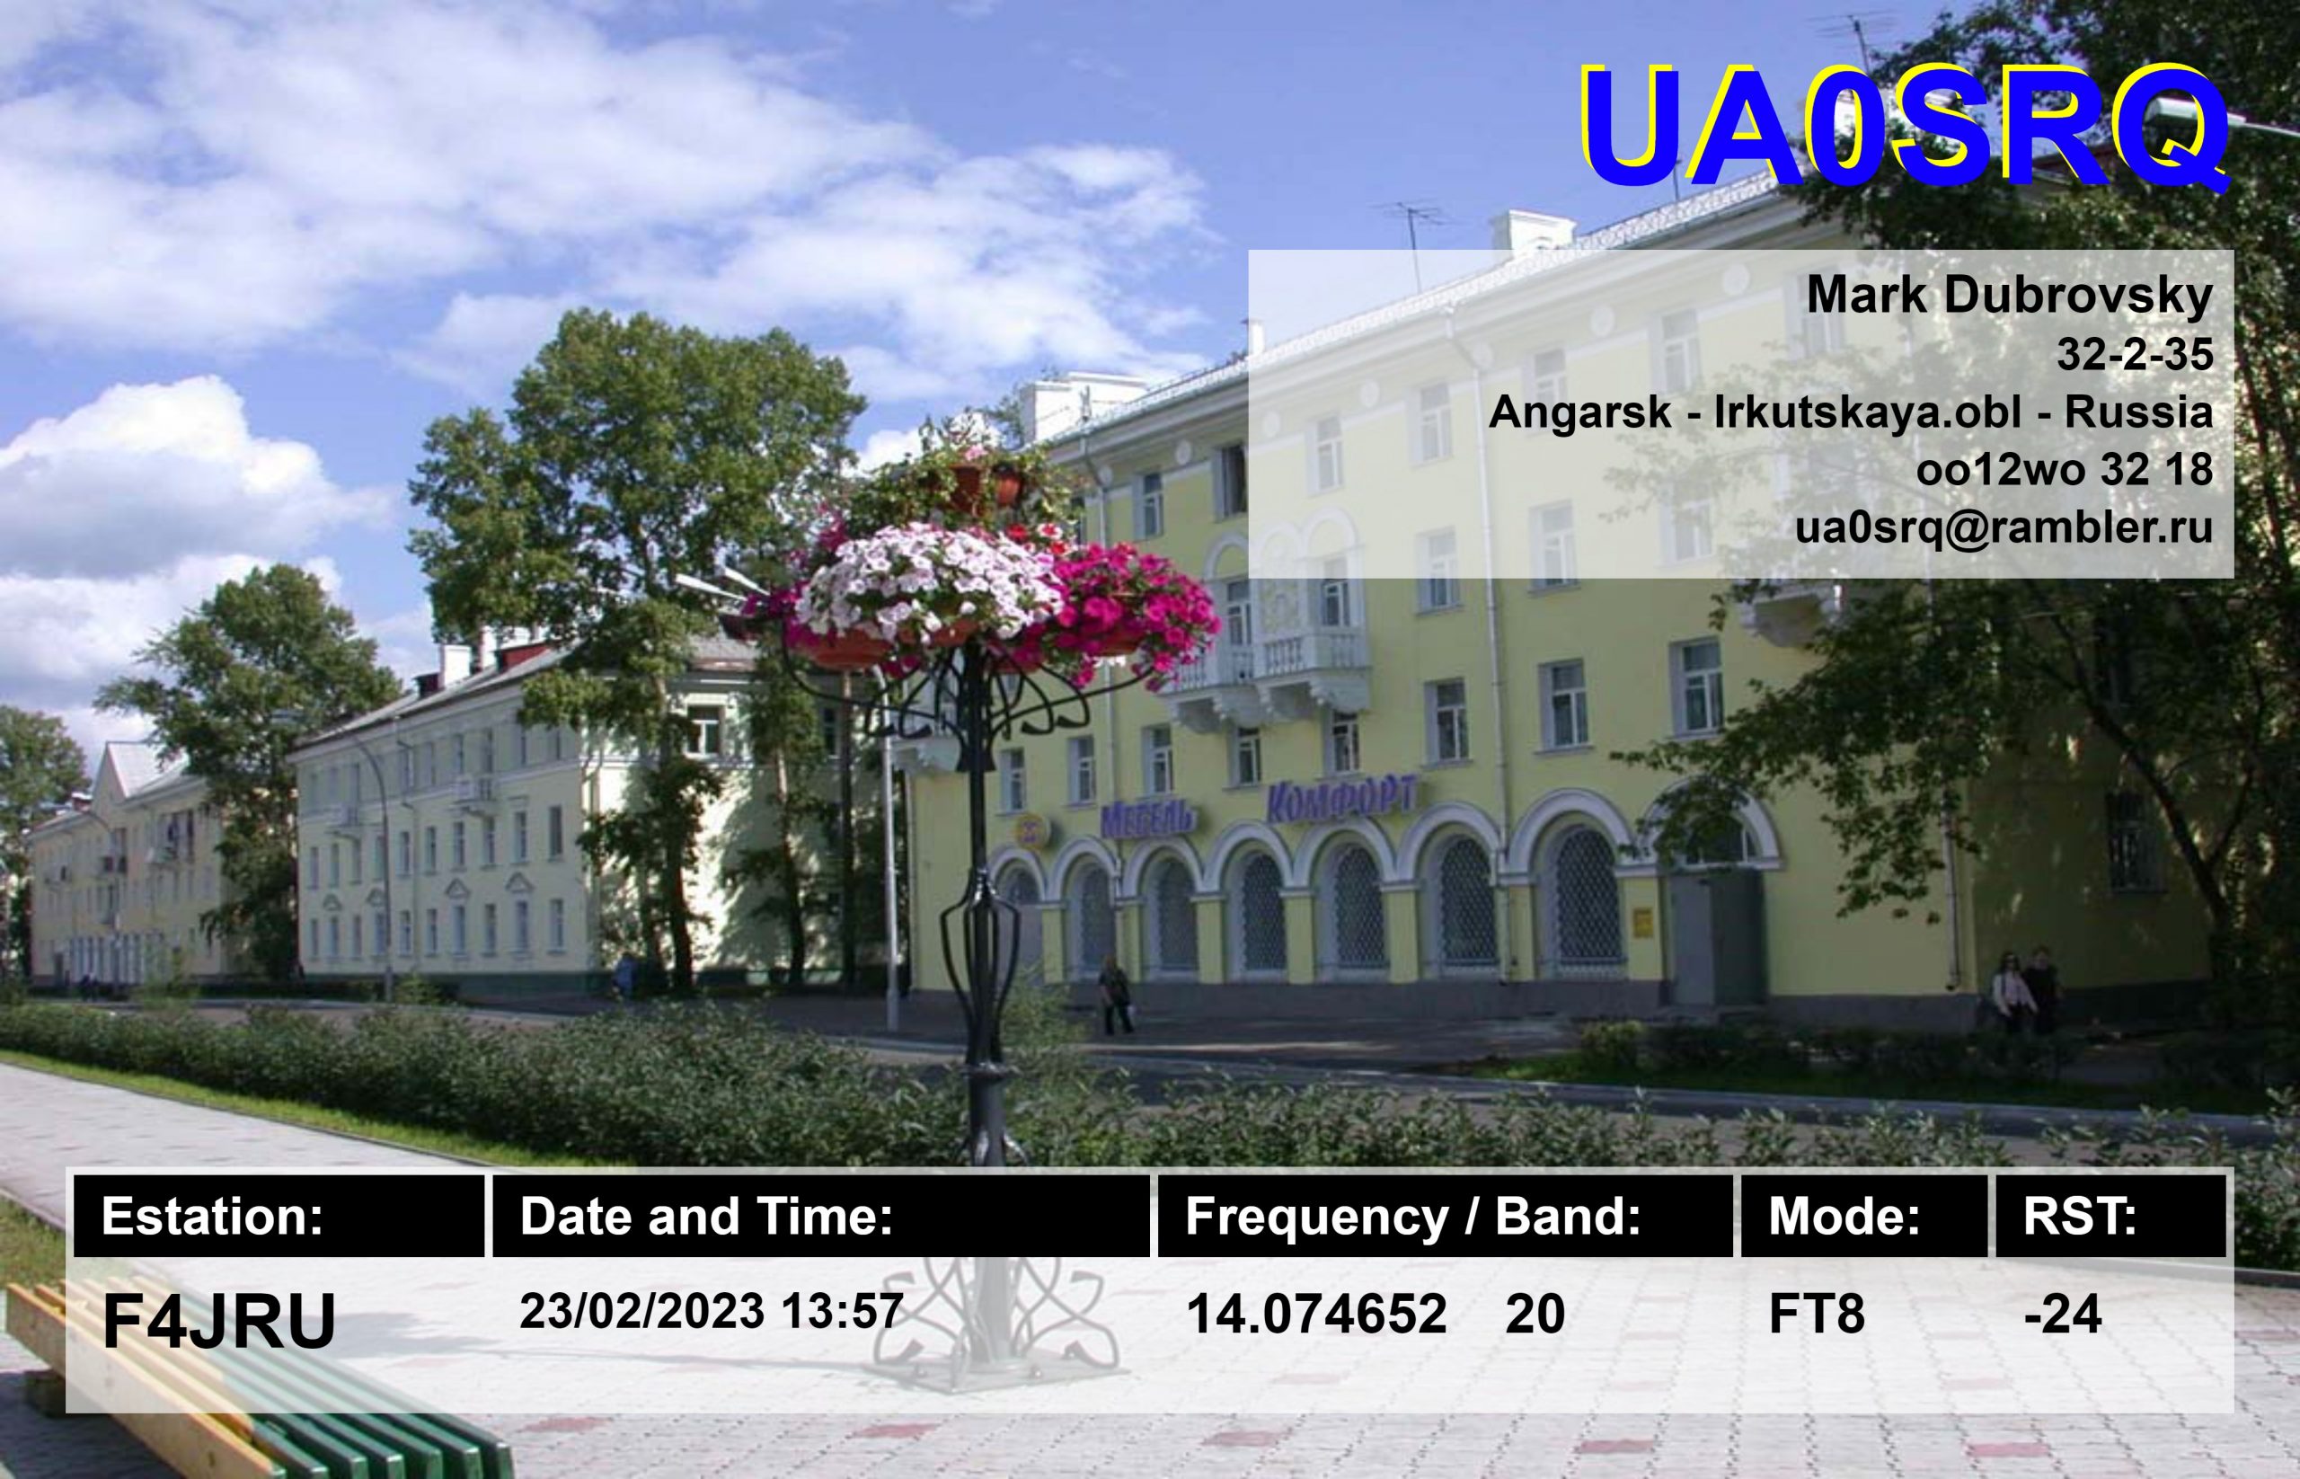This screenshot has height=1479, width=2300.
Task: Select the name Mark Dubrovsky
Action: pyautogui.click(x=2009, y=296)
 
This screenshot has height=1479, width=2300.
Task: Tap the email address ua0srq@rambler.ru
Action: pyautogui.click(x=2004, y=527)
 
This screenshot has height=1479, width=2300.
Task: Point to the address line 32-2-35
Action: pyautogui.click(x=2134, y=355)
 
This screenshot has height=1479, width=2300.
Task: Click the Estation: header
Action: pyautogui.click(x=212, y=1217)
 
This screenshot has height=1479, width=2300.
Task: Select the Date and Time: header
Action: pyautogui.click(x=706, y=1217)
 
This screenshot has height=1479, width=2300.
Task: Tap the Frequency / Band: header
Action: pyautogui.click(x=1412, y=1217)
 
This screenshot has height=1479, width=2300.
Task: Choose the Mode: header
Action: pyautogui.click(x=1844, y=1217)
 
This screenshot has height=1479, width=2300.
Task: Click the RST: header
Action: pyautogui.click(x=2079, y=1217)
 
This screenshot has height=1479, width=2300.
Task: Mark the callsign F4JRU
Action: pyautogui.click(x=219, y=1322)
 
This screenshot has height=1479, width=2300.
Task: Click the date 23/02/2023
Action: pyautogui.click(x=641, y=1311)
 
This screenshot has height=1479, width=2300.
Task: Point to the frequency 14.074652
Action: pyautogui.click(x=1315, y=1314)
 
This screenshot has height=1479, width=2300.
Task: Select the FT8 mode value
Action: pyautogui.click(x=1816, y=1314)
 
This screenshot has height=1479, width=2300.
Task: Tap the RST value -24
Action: pyautogui.click(x=2062, y=1314)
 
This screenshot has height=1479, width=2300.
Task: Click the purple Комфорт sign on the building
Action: pyautogui.click(x=1340, y=799)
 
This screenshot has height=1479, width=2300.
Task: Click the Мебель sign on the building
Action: pyautogui.click(x=1147, y=819)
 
